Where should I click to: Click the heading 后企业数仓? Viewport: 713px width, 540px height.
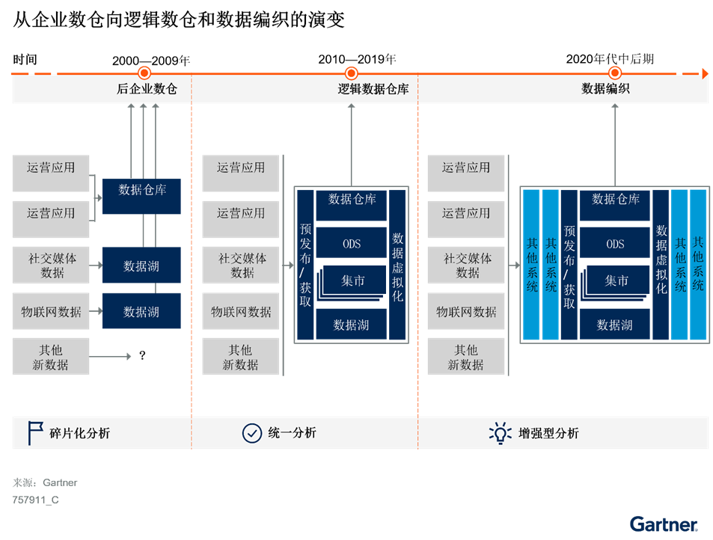tap(147, 89)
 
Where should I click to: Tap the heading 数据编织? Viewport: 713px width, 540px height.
tap(605, 89)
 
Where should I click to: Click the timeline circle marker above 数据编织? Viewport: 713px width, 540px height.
tap(615, 73)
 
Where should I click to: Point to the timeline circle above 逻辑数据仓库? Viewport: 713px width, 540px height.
tap(351, 73)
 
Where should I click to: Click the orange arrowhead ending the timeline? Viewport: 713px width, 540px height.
tap(704, 73)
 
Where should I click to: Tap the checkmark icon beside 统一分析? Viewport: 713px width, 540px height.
tap(252, 433)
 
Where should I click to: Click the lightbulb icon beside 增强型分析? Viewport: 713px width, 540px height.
tap(500, 433)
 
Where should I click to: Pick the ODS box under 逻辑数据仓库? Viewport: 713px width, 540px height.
tap(352, 244)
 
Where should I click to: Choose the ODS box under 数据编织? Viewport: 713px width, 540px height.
tap(615, 244)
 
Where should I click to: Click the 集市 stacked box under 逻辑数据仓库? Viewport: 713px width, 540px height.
tap(353, 281)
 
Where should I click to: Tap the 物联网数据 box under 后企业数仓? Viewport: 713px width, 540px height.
tap(51, 311)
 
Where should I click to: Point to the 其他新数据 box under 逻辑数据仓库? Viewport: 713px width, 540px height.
tap(240, 357)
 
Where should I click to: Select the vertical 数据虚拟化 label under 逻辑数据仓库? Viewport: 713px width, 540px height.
tap(398, 266)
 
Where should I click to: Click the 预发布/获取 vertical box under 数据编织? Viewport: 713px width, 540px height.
tap(569, 266)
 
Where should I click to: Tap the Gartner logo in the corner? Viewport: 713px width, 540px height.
tap(664, 524)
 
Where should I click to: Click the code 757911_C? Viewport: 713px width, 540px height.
tap(35, 500)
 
